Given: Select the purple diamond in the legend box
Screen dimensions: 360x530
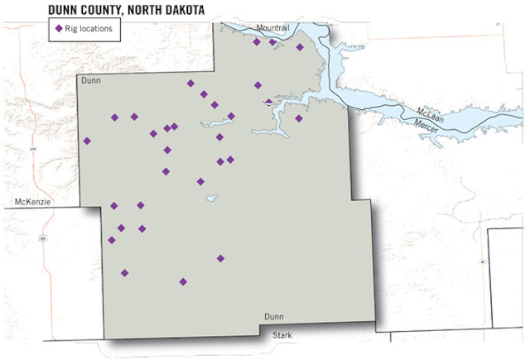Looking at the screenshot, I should click(58, 28).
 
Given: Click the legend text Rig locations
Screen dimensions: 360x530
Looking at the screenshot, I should click(89, 28).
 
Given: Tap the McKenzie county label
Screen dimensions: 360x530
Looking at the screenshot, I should click(34, 201).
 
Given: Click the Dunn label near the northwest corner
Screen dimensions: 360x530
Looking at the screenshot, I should click(90, 81).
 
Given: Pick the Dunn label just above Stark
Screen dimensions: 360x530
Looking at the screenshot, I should click(273, 317).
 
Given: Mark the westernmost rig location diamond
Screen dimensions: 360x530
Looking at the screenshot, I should click(87, 141).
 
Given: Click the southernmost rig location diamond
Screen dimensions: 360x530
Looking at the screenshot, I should click(183, 281).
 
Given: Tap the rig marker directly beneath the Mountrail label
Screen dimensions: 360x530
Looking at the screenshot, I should click(272, 42).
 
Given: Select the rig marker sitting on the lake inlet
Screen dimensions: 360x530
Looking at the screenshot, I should click(267, 102).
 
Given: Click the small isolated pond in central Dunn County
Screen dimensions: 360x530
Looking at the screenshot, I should click(212, 198).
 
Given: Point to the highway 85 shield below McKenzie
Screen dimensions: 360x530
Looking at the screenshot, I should click(41, 238).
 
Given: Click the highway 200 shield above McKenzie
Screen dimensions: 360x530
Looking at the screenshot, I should click(33, 149).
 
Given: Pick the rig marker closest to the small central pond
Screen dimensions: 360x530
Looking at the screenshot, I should click(200, 181).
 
